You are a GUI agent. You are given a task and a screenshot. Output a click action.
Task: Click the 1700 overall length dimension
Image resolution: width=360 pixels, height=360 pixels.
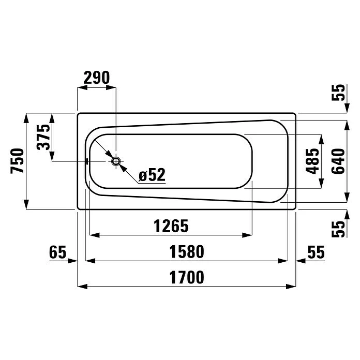pos(187,277)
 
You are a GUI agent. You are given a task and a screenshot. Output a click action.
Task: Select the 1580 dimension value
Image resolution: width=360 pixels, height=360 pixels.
pos(187,251)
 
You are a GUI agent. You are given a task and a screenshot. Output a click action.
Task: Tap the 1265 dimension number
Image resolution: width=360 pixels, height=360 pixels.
pos(171,226)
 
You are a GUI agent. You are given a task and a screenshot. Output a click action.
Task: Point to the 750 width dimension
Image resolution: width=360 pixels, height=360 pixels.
pos(17,161)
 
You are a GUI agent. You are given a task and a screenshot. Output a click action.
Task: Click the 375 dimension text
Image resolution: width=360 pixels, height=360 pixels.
pos(43,137)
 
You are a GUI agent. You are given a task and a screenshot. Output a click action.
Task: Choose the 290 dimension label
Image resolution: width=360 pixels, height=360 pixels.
pos(97,78)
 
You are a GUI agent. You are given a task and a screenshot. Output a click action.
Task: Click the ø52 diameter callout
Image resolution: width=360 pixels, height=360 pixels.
pos(152,175)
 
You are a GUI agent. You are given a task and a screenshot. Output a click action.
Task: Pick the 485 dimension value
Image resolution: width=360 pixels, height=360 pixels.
pos(312,161)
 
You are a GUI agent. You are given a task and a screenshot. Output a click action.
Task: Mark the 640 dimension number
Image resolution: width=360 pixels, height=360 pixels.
pos(338,161)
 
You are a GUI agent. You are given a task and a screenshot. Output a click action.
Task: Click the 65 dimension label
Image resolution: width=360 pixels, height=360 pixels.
pos(57,251)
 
